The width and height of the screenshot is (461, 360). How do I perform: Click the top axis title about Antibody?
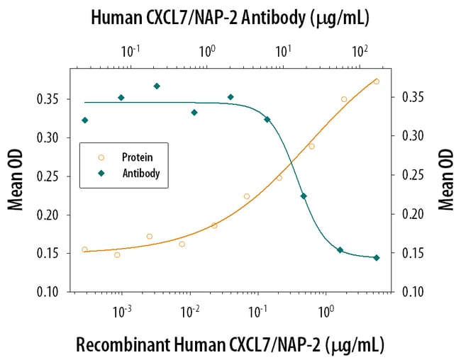pyautogui.click(x=229, y=19)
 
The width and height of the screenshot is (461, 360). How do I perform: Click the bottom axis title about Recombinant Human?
pyautogui.click(x=230, y=344)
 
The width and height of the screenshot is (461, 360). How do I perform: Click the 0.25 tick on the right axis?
pyautogui.click(x=411, y=176)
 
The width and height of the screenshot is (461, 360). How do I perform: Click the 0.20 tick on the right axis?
pyautogui.click(x=411, y=214)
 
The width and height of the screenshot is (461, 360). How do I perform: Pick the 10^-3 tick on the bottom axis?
pyautogui.click(x=122, y=311)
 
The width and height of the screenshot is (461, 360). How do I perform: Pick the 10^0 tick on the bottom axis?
pyautogui.click(x=326, y=311)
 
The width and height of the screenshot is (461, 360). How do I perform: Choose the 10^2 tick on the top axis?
pyautogui.click(x=360, y=52)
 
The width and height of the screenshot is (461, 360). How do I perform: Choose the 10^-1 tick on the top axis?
pyautogui.click(x=130, y=52)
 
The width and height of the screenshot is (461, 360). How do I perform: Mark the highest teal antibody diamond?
pyautogui.click(x=157, y=86)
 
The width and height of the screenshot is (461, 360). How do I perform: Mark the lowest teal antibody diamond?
pyautogui.click(x=377, y=257)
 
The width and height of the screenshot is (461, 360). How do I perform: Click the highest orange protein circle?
pyautogui.click(x=377, y=81)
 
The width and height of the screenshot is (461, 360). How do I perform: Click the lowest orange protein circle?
pyautogui.click(x=117, y=254)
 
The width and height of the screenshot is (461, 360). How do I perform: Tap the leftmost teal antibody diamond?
pyautogui.click(x=85, y=120)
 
